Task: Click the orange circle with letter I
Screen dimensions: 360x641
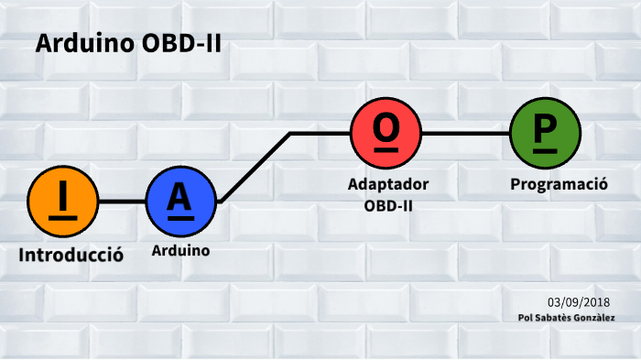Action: pyautogui.click(x=62, y=200)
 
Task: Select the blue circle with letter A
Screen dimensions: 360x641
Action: pyautogui.click(x=180, y=200)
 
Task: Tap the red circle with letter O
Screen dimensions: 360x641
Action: pyautogui.click(x=386, y=133)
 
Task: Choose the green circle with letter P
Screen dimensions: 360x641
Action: pyautogui.click(x=544, y=133)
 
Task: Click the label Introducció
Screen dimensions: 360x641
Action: pyautogui.click(x=71, y=255)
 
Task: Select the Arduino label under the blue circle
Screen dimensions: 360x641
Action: pyautogui.click(x=180, y=250)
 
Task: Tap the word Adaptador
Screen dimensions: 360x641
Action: pyautogui.click(x=388, y=184)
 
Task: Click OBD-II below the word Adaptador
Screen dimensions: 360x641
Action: pyautogui.click(x=388, y=205)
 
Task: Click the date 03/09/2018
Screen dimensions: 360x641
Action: pyautogui.click(x=579, y=302)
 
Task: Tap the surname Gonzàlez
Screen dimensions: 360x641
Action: pyautogui.click(x=595, y=318)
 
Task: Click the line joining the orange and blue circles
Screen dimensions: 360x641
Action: pyautogui.click(x=121, y=200)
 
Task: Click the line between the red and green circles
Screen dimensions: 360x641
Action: pyautogui.click(x=464, y=133)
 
